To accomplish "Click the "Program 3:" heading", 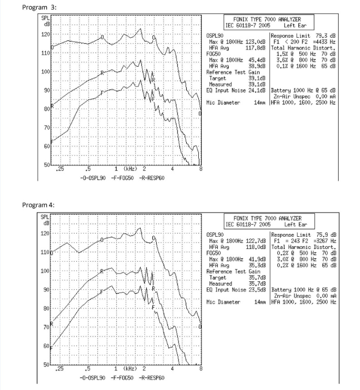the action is [x=39, y=7].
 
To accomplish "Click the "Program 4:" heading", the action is [x=38, y=205].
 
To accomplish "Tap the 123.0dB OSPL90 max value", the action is [x=256, y=42].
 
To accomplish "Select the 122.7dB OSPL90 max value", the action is [x=256, y=241].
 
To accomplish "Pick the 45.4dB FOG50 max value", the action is [x=257, y=60].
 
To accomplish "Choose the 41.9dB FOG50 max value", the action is [x=257, y=259].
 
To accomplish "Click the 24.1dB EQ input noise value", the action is [x=257, y=90].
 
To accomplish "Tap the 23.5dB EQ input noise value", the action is [x=257, y=290].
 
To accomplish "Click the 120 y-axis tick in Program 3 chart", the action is [x=45, y=34].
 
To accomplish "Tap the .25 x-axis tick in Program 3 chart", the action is [x=60, y=169].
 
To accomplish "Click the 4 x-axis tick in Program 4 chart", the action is [x=172, y=368].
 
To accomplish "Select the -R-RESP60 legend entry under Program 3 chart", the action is [x=152, y=178].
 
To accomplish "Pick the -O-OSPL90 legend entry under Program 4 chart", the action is [x=92, y=378].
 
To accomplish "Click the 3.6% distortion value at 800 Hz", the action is [x=282, y=60].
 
